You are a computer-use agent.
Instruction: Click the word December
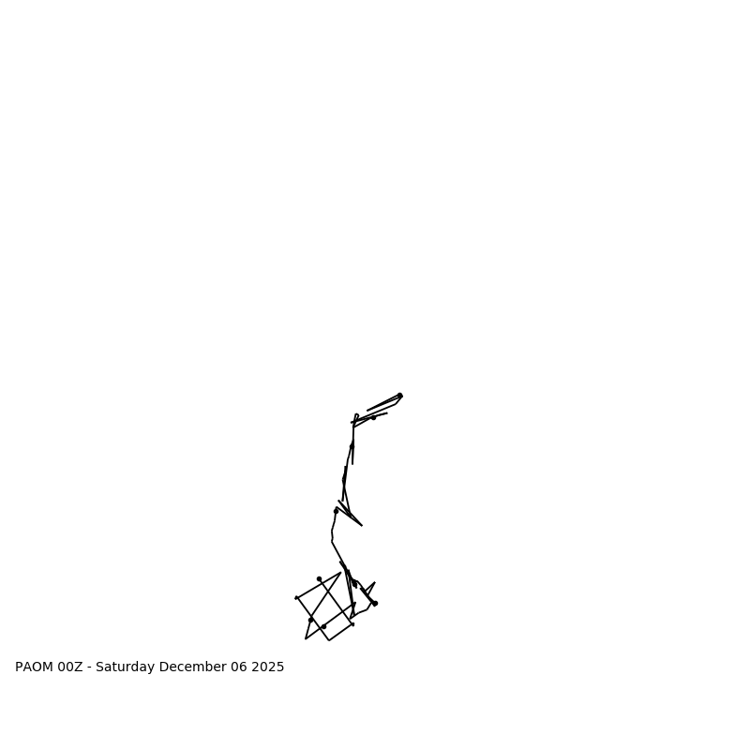[194, 667]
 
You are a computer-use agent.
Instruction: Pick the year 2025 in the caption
[268, 667]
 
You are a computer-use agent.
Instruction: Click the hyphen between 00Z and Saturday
[90, 667]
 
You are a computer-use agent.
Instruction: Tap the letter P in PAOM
[19, 667]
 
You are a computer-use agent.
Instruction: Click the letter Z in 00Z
[81, 667]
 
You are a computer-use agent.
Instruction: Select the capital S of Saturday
[99, 667]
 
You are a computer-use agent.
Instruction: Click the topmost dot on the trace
[399, 396]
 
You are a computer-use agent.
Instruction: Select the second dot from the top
[373, 417]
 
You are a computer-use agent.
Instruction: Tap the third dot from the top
[352, 445]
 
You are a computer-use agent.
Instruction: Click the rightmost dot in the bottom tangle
[375, 603]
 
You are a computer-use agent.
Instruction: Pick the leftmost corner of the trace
[296, 597]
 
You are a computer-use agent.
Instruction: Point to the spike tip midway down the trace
[362, 525]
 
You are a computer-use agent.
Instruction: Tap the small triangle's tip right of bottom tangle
[375, 582]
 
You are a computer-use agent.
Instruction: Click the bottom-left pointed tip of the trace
[306, 639]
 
